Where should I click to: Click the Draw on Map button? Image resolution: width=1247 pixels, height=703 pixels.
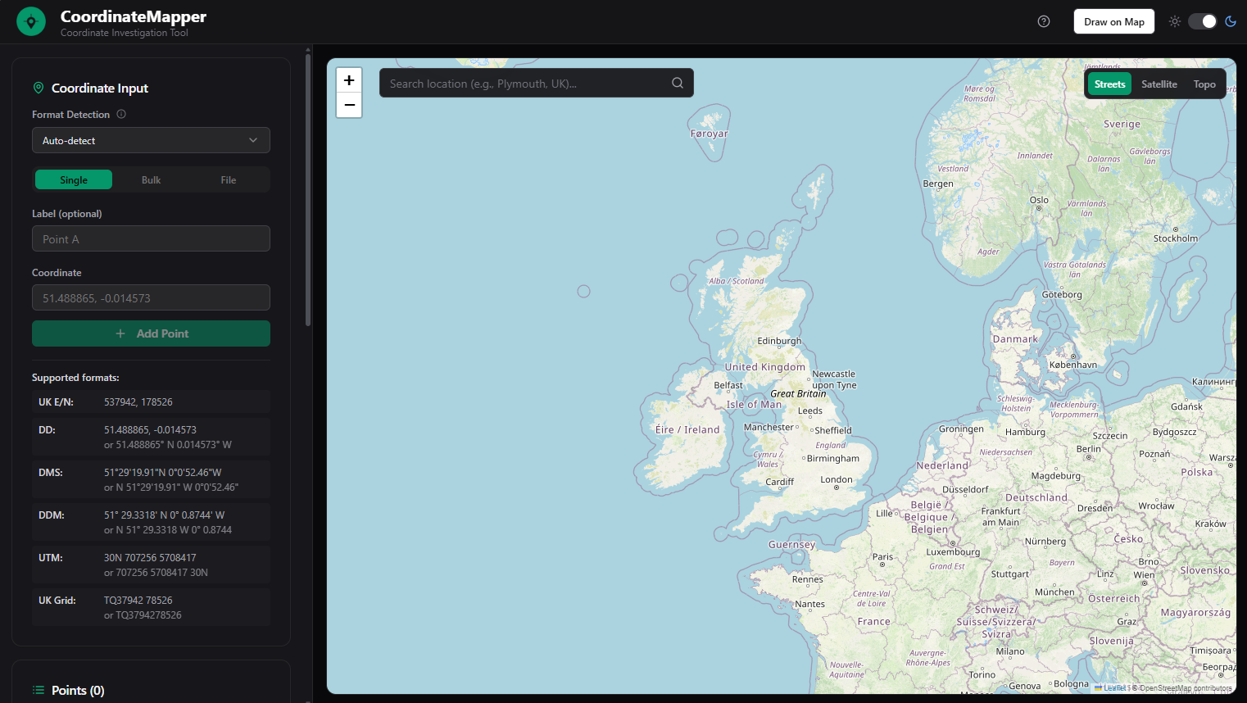pyautogui.click(x=1113, y=21)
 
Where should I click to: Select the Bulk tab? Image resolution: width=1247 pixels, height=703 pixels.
pyautogui.click(x=151, y=180)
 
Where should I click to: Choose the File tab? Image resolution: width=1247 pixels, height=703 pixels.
pyautogui.click(x=228, y=180)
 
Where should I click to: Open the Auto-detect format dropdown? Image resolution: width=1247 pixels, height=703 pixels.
pyautogui.click(x=151, y=141)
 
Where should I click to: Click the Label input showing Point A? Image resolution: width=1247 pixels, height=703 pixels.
pyautogui.click(x=151, y=239)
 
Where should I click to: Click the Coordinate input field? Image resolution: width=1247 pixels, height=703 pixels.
pyautogui.click(x=151, y=298)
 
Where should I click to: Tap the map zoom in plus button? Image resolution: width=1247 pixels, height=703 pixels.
pyautogui.click(x=349, y=80)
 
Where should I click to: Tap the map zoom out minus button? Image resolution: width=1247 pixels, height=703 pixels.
pyautogui.click(x=349, y=106)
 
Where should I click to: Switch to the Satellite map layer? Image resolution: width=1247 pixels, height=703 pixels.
pyautogui.click(x=1159, y=84)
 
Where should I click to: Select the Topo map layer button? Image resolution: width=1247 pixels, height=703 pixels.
pyautogui.click(x=1204, y=84)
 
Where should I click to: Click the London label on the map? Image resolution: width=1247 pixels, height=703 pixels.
pyautogui.click(x=837, y=480)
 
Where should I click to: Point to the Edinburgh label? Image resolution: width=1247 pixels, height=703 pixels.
pyautogui.click(x=779, y=341)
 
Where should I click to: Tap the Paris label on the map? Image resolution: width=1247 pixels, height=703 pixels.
pyautogui.click(x=882, y=557)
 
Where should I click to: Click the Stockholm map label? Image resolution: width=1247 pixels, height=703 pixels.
pyautogui.click(x=1175, y=238)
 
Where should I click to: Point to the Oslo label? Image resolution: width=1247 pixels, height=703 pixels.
pyautogui.click(x=1039, y=200)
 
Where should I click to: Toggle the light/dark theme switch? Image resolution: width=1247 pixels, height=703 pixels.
pyautogui.click(x=1202, y=21)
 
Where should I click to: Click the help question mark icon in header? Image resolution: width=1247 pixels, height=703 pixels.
pyautogui.click(x=1044, y=21)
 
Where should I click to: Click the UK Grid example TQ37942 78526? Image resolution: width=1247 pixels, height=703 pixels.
pyautogui.click(x=138, y=601)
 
